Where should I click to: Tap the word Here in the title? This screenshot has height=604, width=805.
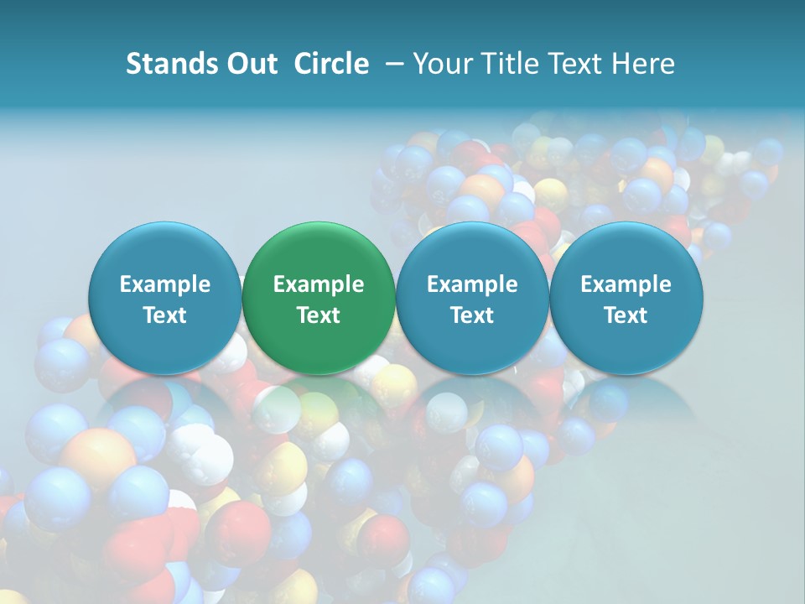[x=643, y=64]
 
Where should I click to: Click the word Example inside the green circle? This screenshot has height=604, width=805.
[x=319, y=285]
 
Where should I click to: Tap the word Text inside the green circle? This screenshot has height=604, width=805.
[x=319, y=315]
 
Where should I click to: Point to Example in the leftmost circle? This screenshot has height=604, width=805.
[x=164, y=285]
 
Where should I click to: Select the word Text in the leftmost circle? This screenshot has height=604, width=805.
[x=164, y=315]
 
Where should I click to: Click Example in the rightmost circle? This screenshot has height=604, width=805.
[x=626, y=285]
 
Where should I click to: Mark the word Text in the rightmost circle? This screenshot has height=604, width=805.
[x=626, y=315]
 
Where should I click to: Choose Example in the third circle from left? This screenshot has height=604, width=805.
[x=472, y=285]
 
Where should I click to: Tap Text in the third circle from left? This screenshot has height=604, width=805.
[x=472, y=315]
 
